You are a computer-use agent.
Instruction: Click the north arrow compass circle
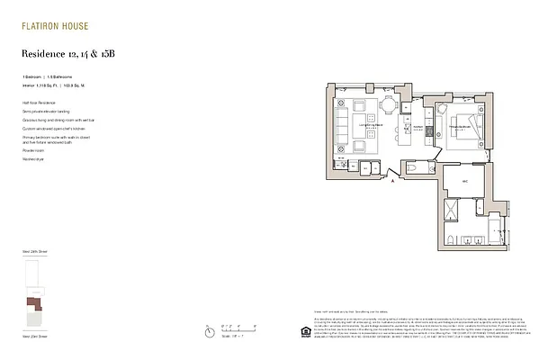tap(209, 331)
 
